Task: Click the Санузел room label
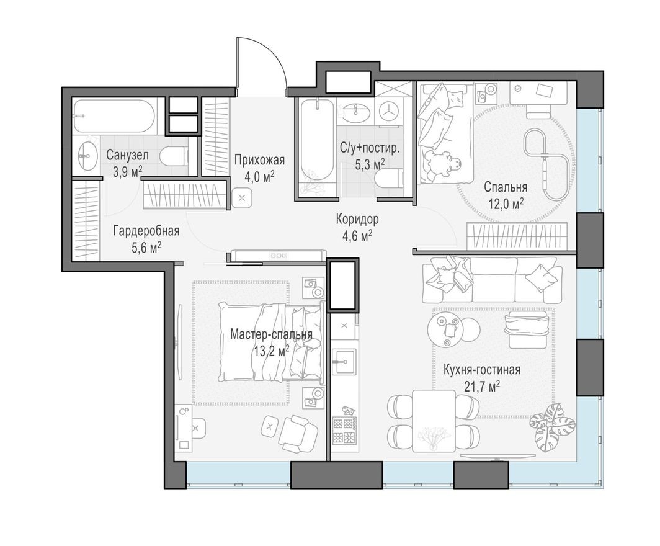127,155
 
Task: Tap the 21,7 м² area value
481,387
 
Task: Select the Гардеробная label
146,231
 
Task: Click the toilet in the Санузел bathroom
174,156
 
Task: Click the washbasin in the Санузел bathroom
86,155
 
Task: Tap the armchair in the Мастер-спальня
297,433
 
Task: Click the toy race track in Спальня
544,163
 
